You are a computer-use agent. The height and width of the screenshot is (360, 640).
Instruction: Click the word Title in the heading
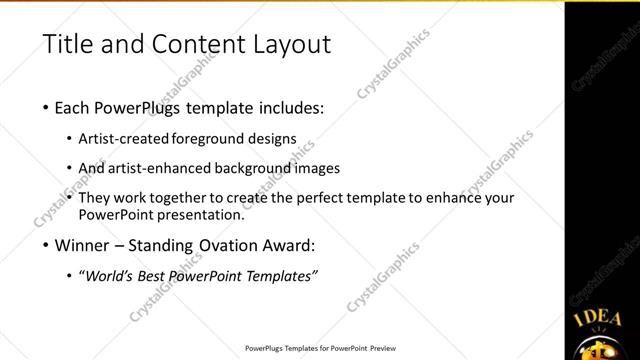point(68,44)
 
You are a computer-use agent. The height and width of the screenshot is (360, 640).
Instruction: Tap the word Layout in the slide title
point(286,44)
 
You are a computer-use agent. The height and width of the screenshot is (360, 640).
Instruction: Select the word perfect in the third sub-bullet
point(331,198)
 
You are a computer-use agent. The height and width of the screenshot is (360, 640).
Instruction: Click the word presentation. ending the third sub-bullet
point(199,214)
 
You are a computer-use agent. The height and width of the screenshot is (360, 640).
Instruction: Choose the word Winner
point(86,244)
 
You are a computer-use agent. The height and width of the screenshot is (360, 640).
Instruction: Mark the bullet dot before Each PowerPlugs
point(48,109)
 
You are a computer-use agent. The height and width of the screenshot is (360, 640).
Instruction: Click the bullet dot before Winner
point(48,245)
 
